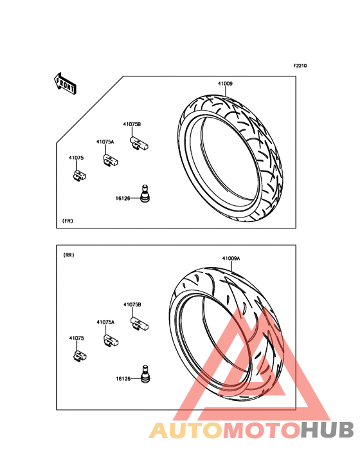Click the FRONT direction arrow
pyautogui.click(x=65, y=83)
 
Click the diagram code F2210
pyautogui.click(x=300, y=66)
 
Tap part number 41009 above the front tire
pyautogui.click(x=225, y=84)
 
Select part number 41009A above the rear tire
pyautogui.click(x=231, y=258)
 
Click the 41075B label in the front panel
pyautogui.click(x=132, y=124)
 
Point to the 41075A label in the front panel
pyautogui.click(x=105, y=142)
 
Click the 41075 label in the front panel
pyautogui.click(x=76, y=158)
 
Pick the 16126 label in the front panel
pyautogui.click(x=123, y=199)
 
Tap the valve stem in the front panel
pyautogui.click(x=145, y=194)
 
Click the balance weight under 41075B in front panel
pyautogui.click(x=139, y=143)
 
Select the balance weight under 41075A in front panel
pyautogui.click(x=111, y=160)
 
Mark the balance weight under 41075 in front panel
pyautogui.click(x=80, y=176)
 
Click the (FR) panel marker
pyautogui.click(x=67, y=221)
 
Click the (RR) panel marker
pyautogui.click(x=69, y=255)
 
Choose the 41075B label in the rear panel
pyautogui.click(x=132, y=304)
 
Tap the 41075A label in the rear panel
pyautogui.click(x=105, y=322)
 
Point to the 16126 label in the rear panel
pyautogui.click(x=123, y=379)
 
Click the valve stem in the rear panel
pyautogui.click(x=145, y=374)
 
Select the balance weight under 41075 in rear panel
pyautogui.click(x=80, y=356)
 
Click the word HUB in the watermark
pyautogui.click(x=328, y=430)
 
